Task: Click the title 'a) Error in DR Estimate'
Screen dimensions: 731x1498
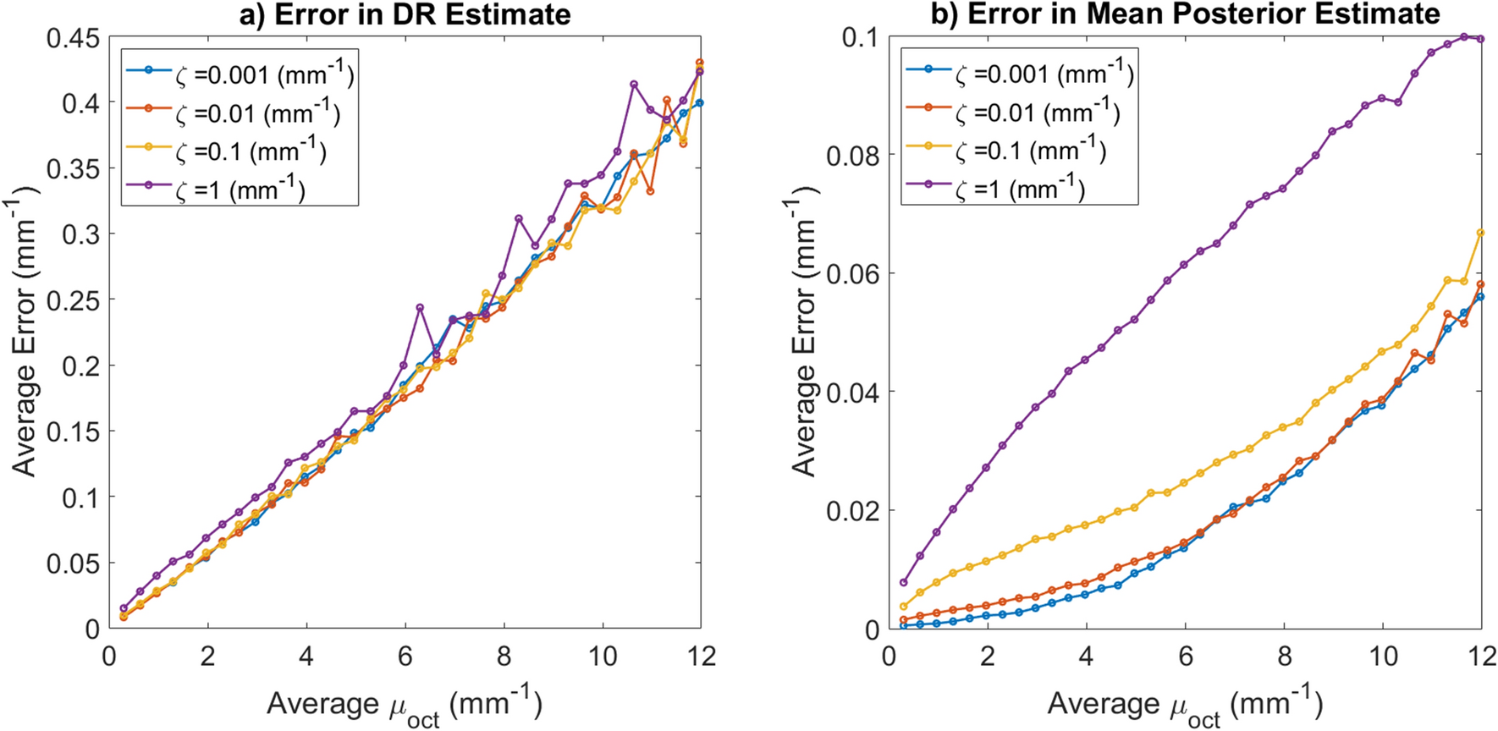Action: point(405,14)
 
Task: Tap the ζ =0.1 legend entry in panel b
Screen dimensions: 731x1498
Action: point(1006,151)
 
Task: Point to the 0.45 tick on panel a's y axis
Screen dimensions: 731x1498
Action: point(73,38)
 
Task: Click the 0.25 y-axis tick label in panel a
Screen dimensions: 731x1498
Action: point(73,300)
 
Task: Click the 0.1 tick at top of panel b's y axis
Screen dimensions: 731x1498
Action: point(860,38)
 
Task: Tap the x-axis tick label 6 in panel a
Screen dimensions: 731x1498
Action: point(405,657)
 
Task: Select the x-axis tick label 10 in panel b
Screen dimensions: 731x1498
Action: point(1382,657)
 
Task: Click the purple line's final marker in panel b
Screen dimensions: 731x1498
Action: point(1480,38)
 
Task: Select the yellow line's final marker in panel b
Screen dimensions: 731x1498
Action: point(1480,233)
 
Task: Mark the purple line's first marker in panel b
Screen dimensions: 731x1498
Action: point(904,582)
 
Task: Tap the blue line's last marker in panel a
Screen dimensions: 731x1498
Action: point(699,103)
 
